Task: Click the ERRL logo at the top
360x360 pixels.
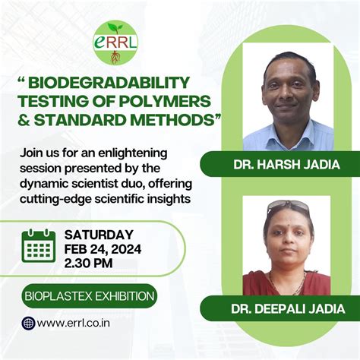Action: [115, 43]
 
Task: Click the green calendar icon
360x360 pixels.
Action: [38, 246]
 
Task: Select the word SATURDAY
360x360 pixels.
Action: [99, 235]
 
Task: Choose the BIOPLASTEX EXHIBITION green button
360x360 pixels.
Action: [88, 295]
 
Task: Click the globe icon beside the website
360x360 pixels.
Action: [29, 324]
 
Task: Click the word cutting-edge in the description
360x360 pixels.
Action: [58, 198]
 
